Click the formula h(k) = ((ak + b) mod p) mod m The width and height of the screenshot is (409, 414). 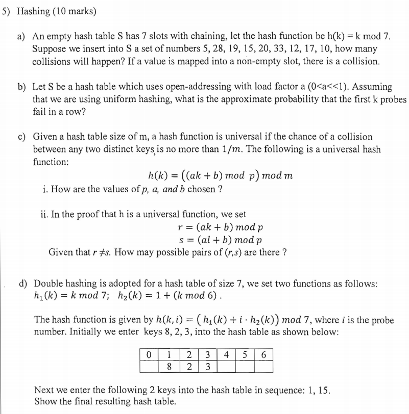coord(220,175)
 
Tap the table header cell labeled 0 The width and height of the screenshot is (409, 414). coord(149,354)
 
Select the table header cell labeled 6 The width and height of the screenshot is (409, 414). coord(263,354)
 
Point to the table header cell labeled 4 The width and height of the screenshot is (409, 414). coord(225,354)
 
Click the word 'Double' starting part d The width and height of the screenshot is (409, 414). coord(48,284)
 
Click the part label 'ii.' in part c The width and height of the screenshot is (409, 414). coord(44,215)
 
